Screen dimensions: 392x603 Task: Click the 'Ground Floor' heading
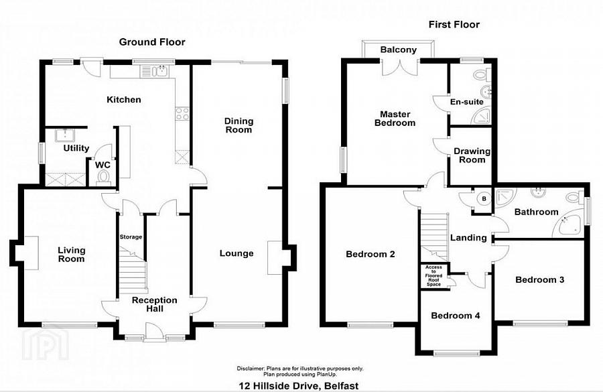click(152, 42)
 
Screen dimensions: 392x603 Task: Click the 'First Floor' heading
click(454, 25)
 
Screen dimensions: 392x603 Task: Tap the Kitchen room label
click(124, 100)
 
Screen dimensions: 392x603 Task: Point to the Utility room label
click(76, 148)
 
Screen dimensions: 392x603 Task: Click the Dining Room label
click(239, 125)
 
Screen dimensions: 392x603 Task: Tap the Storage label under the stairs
click(131, 237)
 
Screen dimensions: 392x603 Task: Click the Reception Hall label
click(154, 304)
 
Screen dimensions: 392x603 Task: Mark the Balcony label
click(399, 50)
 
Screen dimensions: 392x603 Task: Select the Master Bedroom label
click(395, 118)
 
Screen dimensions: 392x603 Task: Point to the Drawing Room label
click(472, 155)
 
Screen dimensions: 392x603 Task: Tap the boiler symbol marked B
click(482, 198)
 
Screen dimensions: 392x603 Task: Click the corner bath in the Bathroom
click(568, 225)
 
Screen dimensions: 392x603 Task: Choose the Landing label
click(468, 238)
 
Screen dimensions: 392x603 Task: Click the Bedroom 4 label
click(455, 316)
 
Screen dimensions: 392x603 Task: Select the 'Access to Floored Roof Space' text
click(433, 276)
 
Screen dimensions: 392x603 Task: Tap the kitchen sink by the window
click(160, 70)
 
